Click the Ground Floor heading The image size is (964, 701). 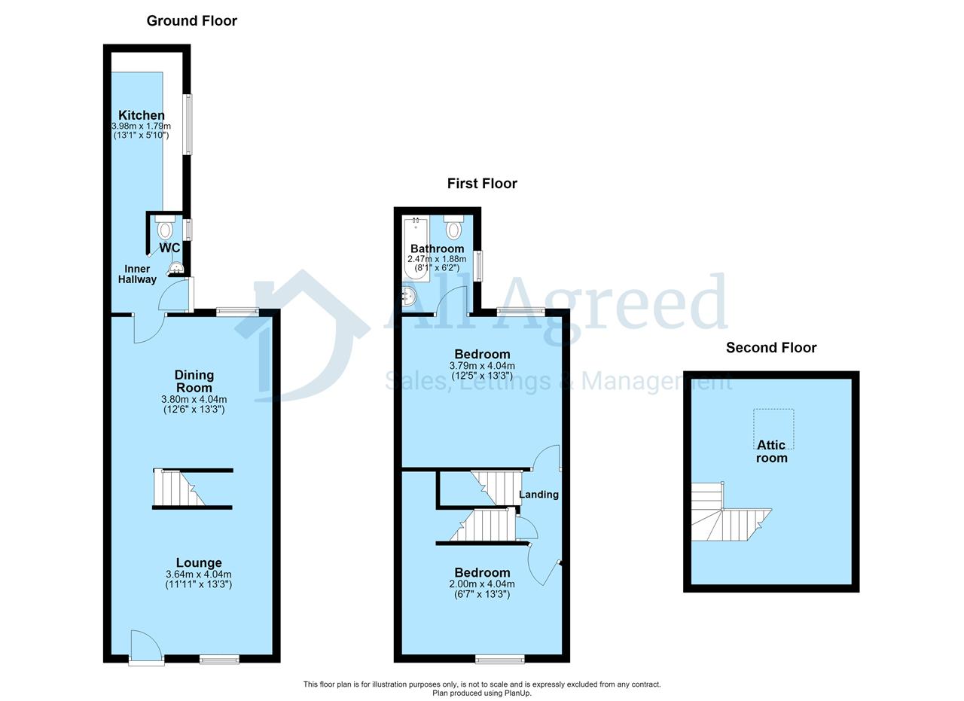(x=191, y=20)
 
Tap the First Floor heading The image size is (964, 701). (x=482, y=184)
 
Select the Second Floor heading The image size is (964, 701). (x=771, y=348)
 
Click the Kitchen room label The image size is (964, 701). (x=141, y=115)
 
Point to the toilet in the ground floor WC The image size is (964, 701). (x=165, y=227)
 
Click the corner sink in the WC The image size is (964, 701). (x=176, y=269)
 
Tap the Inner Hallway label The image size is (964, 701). (x=137, y=274)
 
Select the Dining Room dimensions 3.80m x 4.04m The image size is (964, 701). (x=194, y=399)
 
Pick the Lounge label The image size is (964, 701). (x=199, y=562)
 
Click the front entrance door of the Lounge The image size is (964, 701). (x=146, y=647)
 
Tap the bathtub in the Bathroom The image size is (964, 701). (x=416, y=249)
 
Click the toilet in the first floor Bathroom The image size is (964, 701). (x=453, y=227)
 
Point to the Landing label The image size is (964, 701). (x=538, y=495)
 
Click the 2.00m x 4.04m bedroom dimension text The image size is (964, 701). (x=482, y=584)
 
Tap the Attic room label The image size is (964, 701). (x=772, y=451)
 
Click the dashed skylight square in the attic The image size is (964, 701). (x=773, y=429)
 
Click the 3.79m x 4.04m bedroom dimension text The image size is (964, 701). (x=482, y=366)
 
